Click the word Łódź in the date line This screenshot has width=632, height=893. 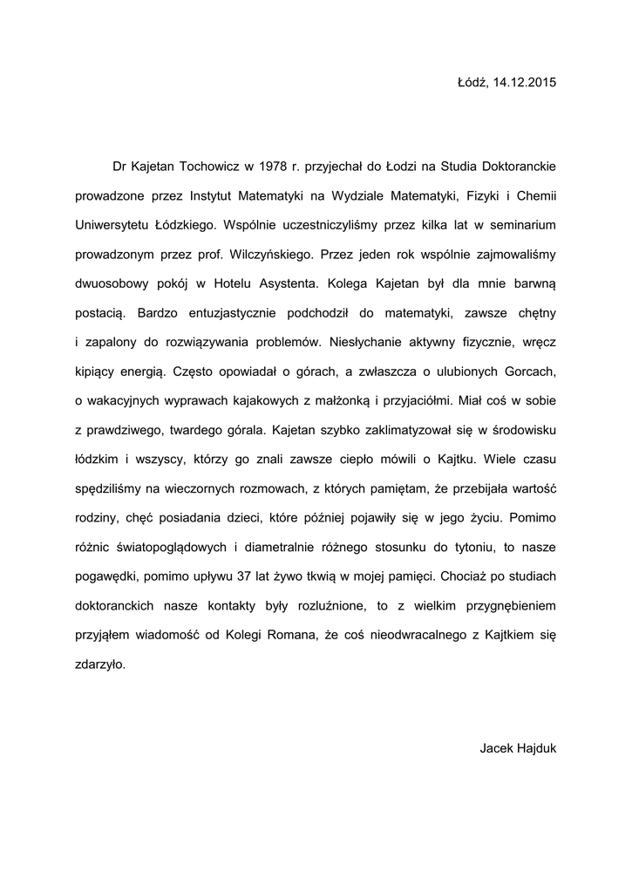(x=471, y=83)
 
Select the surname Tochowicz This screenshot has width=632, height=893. (x=204, y=165)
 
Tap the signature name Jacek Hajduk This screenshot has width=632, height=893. (x=518, y=748)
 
